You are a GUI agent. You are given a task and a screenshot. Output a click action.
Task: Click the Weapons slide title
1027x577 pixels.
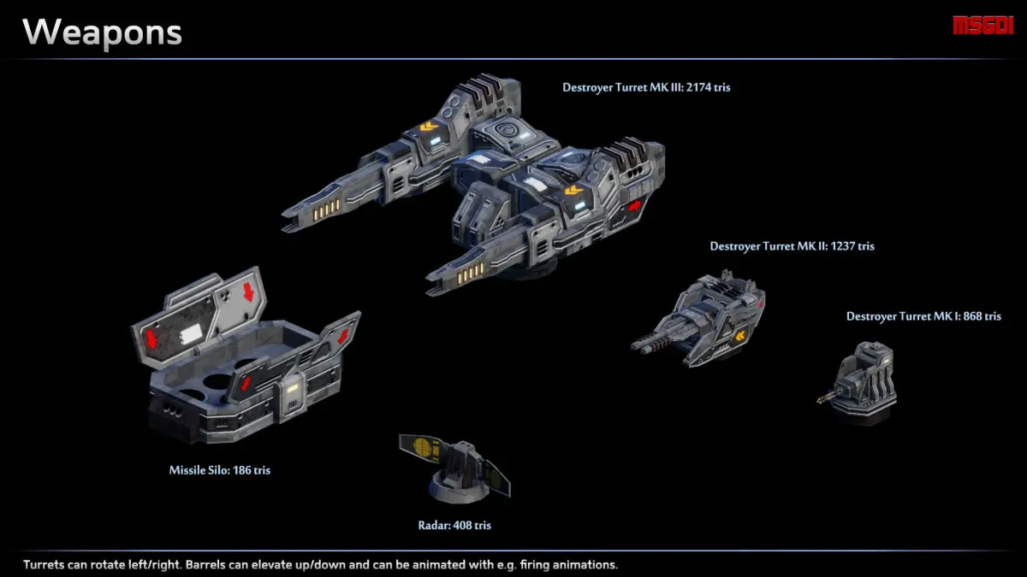(x=102, y=32)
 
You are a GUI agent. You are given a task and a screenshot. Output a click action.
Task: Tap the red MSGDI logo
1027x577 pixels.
(x=982, y=26)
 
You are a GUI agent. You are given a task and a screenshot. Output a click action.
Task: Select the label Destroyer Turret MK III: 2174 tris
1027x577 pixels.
(x=646, y=87)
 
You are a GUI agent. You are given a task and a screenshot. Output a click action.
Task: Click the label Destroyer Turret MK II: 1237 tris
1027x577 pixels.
(x=792, y=246)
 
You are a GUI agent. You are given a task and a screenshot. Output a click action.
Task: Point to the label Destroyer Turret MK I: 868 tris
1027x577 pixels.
(x=923, y=316)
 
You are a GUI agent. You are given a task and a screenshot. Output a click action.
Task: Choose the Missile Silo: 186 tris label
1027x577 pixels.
(x=219, y=470)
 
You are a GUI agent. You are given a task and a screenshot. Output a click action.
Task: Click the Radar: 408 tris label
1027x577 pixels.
(x=454, y=526)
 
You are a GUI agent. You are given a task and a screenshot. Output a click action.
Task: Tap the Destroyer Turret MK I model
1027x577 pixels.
(x=863, y=380)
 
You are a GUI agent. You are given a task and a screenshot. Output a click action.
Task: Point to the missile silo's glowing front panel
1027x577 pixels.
(x=291, y=392)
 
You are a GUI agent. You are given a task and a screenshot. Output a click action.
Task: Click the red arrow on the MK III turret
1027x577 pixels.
(x=635, y=207)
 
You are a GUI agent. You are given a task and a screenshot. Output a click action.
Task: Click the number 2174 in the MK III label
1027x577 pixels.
(x=687, y=87)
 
